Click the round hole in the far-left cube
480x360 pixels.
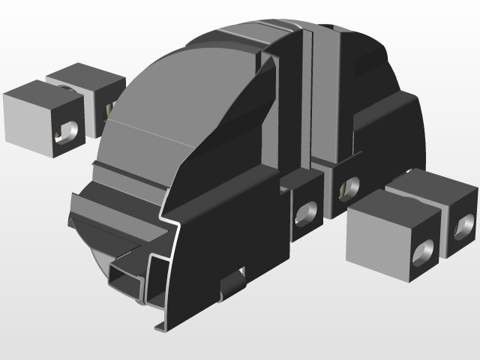tap(67, 132)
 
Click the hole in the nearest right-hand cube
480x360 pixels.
tap(423, 253)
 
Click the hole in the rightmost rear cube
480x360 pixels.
tap(463, 226)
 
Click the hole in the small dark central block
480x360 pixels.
tap(306, 213)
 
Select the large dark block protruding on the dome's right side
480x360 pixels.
tap(386, 139)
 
